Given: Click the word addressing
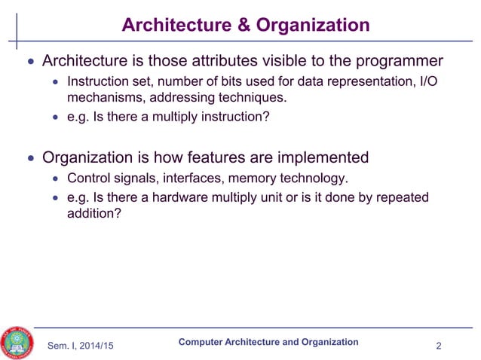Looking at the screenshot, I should (197, 97).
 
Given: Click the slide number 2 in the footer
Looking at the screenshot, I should (439, 346).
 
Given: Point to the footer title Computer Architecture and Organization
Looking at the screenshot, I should (268, 342).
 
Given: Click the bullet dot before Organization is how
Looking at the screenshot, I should (30, 159).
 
